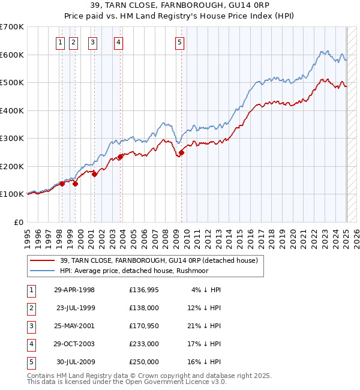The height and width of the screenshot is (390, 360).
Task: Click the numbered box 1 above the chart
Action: (61, 42)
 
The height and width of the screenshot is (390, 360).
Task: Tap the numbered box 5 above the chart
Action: (180, 42)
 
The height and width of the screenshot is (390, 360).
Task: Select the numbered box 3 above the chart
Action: (93, 42)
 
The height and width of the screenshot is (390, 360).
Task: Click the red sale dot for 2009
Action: (181, 152)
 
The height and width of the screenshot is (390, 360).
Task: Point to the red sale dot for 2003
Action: (120, 157)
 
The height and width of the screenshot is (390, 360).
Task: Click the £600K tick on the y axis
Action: (12, 55)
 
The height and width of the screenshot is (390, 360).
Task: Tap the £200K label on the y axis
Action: (12, 166)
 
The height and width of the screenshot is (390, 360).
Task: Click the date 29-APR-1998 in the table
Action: (74, 290)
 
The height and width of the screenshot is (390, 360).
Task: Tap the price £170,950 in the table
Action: (144, 326)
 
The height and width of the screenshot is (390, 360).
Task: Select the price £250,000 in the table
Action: (144, 362)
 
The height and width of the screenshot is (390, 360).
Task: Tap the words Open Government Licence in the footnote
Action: (166, 382)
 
